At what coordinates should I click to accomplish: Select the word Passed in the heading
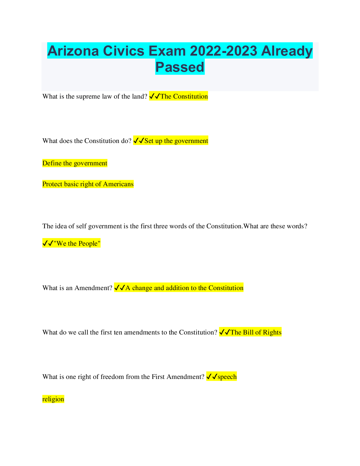click(x=180, y=67)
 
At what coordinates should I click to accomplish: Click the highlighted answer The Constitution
click(x=184, y=96)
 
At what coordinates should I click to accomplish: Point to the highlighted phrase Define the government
click(x=75, y=163)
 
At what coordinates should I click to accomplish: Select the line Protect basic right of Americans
click(x=88, y=184)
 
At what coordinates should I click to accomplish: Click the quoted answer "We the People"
click(x=77, y=244)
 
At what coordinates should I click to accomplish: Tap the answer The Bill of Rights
click(x=256, y=332)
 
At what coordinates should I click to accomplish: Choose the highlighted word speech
click(x=227, y=377)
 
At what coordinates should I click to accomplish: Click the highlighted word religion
click(x=53, y=399)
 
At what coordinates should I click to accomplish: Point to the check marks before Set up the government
click(x=139, y=141)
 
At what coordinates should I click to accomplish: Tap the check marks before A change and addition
click(x=119, y=288)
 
